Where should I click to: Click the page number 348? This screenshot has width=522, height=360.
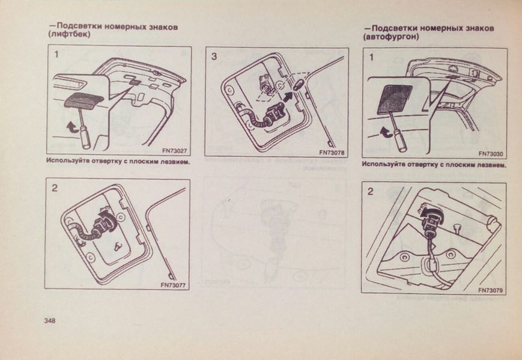coord(50,321)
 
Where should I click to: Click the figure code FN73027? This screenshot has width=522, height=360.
coord(174,151)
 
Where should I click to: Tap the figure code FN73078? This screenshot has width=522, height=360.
coord(332,153)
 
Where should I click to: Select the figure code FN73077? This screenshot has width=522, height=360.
coord(173,285)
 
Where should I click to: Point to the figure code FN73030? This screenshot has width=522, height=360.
coord(491,154)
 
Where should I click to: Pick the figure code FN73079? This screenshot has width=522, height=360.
coord(490,290)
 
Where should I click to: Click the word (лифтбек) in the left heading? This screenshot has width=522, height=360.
coord(69,35)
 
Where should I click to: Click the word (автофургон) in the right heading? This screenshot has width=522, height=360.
coord(391,37)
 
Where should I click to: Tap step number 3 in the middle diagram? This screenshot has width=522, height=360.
coord(214,56)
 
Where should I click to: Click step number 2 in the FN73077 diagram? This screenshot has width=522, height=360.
coord(55,188)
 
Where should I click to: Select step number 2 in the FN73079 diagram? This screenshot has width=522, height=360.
coord(371,192)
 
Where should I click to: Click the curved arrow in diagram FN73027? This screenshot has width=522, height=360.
coord(71,127)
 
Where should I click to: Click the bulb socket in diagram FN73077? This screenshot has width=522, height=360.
coord(106,221)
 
